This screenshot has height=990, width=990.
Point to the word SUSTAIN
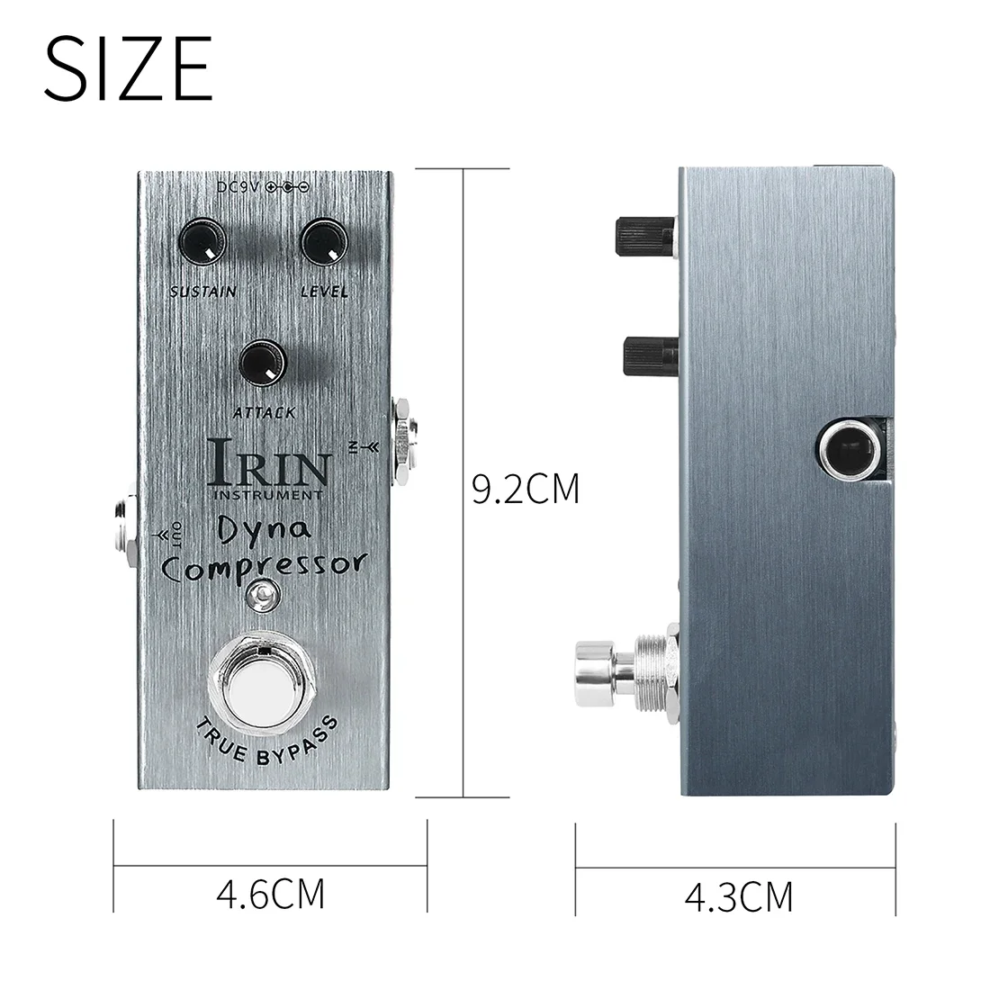[202, 291]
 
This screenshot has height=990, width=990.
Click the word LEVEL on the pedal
[324, 291]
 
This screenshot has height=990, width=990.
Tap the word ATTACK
[264, 412]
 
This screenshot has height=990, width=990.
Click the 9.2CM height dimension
[526, 490]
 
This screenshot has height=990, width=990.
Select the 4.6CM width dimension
[270, 895]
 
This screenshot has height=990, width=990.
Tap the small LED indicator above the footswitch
[261, 594]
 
